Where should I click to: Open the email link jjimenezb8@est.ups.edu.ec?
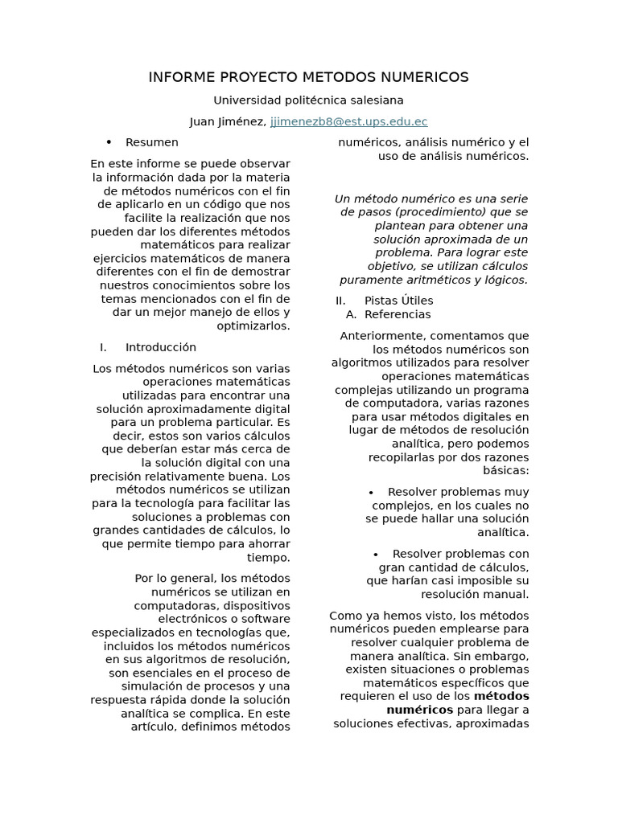(x=348, y=121)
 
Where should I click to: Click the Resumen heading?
(x=152, y=142)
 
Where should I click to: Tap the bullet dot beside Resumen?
(x=109, y=142)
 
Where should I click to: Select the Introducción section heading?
(x=161, y=347)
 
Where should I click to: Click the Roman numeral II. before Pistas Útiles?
(x=340, y=301)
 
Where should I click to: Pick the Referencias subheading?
(x=398, y=314)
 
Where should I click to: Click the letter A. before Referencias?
(x=351, y=314)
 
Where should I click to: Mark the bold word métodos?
(x=501, y=696)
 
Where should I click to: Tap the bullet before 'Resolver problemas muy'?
(x=371, y=492)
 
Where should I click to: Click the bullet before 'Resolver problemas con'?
(x=376, y=554)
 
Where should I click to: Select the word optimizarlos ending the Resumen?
(x=253, y=326)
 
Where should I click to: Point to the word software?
(x=266, y=620)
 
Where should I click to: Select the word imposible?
(x=477, y=580)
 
